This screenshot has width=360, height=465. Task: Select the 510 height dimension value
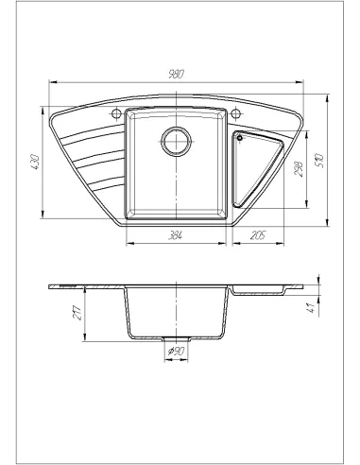(x=321, y=161)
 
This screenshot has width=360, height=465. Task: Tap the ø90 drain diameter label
(x=177, y=353)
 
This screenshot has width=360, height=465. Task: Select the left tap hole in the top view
(x=116, y=115)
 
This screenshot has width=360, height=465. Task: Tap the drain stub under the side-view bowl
(x=177, y=338)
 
